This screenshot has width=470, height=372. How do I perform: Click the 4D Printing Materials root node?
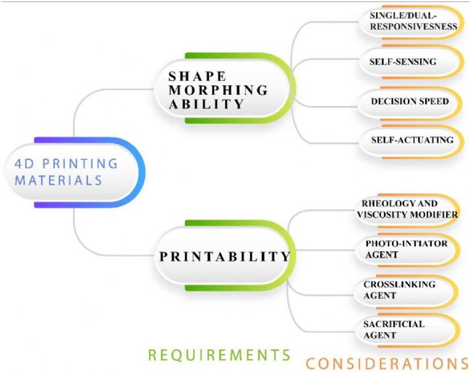74,172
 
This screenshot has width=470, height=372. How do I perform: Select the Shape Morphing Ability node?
225,88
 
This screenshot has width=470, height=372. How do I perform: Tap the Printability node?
225,255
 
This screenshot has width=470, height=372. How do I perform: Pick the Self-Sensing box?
411,62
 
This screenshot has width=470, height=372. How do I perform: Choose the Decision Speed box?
410,102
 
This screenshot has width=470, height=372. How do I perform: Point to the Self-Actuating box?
411,141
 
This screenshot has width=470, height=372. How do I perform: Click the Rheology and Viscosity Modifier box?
408,210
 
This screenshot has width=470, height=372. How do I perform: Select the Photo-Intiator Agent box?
408,250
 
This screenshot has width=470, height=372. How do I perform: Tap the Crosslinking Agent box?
406,291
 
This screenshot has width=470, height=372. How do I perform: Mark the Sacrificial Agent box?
407,330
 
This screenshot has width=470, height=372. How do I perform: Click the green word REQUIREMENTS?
219,355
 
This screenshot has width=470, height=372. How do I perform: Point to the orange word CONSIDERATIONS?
388,363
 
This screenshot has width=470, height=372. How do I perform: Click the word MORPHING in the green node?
218,90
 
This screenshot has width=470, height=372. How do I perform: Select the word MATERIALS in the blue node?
59,181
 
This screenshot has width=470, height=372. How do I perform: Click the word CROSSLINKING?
400,284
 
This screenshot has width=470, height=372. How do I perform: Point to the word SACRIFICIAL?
394,324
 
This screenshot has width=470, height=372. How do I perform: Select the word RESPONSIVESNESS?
414,26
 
